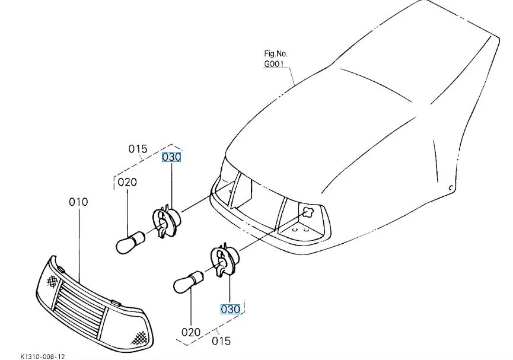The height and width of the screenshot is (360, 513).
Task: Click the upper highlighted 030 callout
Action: tap(171, 157)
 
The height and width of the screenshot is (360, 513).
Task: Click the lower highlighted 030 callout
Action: tap(230, 309)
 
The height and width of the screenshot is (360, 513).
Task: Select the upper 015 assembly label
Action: tap(138, 149)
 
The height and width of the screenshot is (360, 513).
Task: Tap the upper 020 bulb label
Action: tap(127, 182)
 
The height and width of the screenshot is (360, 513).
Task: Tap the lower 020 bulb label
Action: tap(191, 332)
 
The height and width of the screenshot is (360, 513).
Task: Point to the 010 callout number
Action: tap(78, 202)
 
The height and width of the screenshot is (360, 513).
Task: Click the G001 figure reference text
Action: tap(275, 64)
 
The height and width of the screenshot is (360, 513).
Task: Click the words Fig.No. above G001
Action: tap(276, 54)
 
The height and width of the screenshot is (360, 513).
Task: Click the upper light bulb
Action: tap(130, 241)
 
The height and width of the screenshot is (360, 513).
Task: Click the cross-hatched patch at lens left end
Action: tap(55, 276)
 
